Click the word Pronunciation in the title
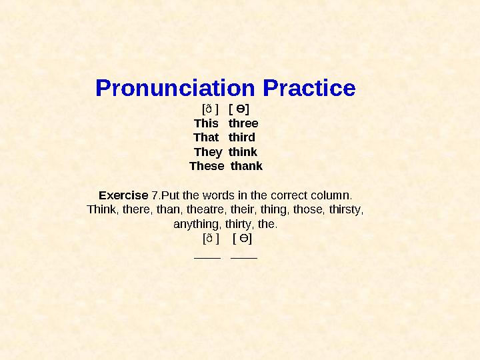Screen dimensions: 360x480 pos(176,88)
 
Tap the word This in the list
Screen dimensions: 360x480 pos(206,123)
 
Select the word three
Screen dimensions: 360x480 pos(243,123)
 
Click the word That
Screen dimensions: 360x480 pos(206,137)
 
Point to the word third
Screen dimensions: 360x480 pos(242,137)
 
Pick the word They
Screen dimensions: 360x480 pos(207,152)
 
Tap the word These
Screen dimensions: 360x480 pos(207,166)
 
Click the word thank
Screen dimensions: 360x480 pos(247,166)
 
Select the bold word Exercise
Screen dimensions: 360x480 pos(123,195)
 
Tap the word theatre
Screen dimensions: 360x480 pos(206,209)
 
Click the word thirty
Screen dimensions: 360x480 pos(239,224)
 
